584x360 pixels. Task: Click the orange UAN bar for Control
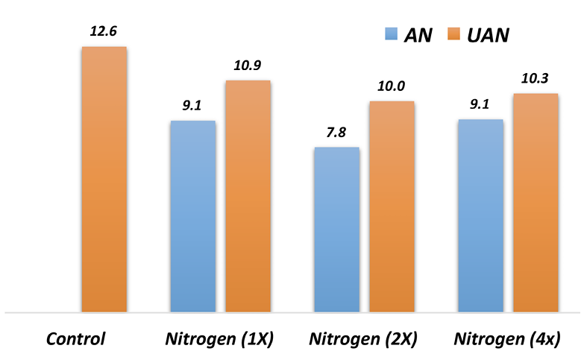104,179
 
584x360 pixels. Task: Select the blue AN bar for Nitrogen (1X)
192,216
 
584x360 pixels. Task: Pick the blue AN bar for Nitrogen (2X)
336,230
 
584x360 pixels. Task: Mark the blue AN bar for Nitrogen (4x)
480,215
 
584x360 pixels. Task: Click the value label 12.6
104,31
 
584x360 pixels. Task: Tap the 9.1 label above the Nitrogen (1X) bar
192,105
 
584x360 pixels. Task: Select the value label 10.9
248,65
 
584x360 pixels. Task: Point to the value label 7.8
336,132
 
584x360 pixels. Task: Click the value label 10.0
392,86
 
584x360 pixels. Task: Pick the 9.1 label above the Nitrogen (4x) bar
480,104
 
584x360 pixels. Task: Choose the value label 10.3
536,78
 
